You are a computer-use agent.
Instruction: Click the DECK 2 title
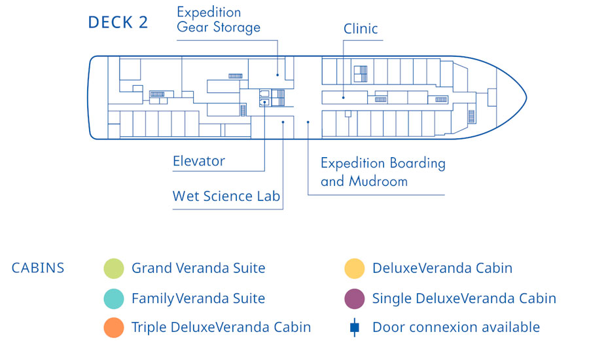118,22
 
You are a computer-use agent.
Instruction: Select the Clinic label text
361,29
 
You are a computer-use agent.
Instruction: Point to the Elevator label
199,161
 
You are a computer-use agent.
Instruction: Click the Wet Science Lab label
226,196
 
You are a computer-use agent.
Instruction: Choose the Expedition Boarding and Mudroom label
383,172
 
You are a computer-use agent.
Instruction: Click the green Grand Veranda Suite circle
113,268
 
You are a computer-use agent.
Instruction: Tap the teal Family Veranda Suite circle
113,298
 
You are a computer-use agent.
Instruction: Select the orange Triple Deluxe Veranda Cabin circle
113,327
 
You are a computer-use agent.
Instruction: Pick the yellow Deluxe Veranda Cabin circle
354,268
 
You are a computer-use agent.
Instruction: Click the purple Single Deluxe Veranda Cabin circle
354,298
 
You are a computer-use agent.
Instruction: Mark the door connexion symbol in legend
354,327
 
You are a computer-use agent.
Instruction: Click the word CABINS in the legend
38,268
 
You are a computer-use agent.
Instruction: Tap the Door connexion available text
456,327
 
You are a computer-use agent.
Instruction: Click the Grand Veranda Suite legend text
198,268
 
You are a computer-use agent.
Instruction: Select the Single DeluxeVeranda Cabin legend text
464,298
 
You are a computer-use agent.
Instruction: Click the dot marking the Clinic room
342,98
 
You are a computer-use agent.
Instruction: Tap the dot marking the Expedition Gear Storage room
277,75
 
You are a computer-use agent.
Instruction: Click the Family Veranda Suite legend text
198,298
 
